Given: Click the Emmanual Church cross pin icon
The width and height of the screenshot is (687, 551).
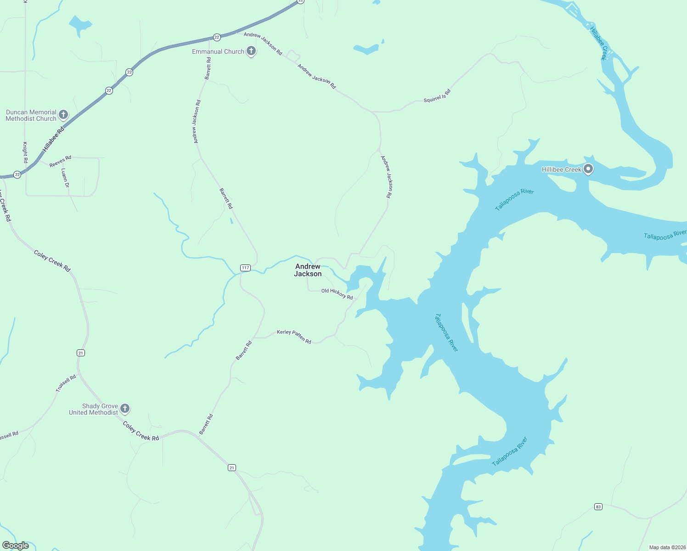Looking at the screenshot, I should tap(251, 51).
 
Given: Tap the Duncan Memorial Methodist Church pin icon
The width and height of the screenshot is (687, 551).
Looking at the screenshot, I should tap(63, 115).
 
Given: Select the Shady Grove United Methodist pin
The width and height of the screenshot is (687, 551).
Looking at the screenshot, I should tap(124, 409).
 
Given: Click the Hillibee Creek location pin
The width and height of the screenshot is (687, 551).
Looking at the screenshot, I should tap(588, 169).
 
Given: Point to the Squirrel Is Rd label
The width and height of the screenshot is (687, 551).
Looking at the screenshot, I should tap(437, 96).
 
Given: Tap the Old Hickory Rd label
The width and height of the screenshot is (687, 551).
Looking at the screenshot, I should tap(337, 294).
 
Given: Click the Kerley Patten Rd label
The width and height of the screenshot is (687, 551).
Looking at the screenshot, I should tap(294, 337).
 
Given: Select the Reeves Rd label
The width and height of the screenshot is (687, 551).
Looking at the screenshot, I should tap(60, 161).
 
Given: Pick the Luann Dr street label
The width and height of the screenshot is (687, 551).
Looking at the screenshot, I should tap(65, 178).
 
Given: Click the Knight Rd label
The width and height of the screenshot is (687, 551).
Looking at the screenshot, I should tap(25, 152).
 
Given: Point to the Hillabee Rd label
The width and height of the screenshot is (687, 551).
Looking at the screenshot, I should tap(54, 140).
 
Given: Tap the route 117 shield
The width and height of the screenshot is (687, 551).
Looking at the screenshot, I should tap(245, 268).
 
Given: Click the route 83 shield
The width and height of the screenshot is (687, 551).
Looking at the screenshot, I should tap(598, 507).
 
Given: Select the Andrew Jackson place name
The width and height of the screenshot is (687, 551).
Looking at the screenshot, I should tap(308, 270).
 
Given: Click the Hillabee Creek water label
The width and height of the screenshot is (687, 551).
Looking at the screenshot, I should tap(598, 43).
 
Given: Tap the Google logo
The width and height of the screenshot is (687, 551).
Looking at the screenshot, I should tap(16, 545).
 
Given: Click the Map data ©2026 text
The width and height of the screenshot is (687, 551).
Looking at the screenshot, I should tap(667, 547).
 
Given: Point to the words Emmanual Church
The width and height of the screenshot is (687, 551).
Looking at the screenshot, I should tap(218, 51).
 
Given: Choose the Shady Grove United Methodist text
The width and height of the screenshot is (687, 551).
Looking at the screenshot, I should tap(94, 409).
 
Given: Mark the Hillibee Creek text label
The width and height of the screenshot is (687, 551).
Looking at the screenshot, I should tap(562, 169).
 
